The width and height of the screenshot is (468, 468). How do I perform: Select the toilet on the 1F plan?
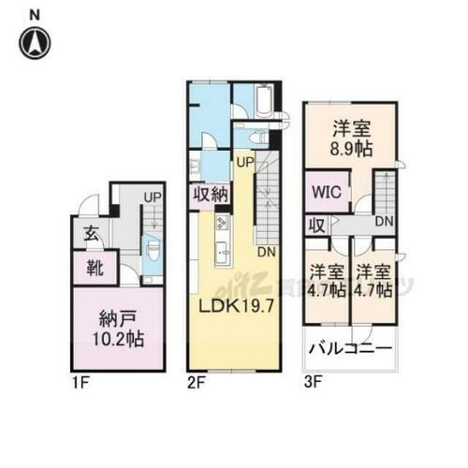(153, 253)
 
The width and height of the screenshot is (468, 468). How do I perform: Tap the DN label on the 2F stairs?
(265, 252)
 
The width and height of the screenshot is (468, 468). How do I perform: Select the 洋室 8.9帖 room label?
(349, 138)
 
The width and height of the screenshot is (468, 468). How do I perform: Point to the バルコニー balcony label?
(349, 354)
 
